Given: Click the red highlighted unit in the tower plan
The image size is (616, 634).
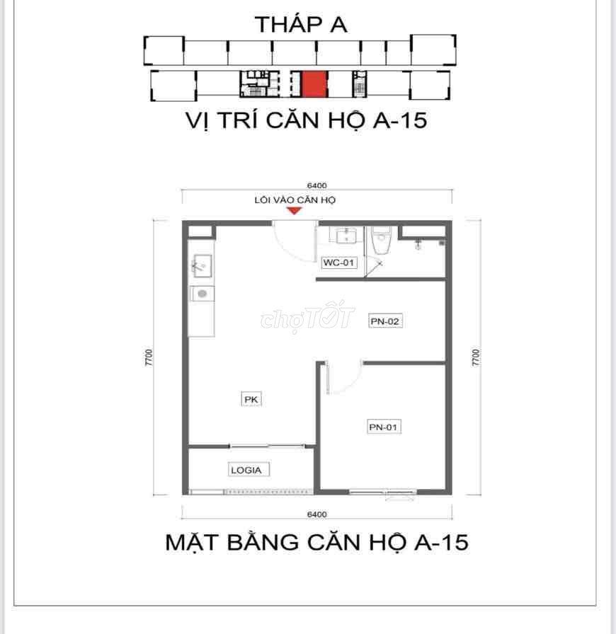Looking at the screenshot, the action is [x=314, y=83].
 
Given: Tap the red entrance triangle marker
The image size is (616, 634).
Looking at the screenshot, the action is [x=295, y=211].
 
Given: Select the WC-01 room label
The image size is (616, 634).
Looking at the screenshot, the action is [x=338, y=263].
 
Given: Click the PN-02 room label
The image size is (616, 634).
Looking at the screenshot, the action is [x=385, y=321].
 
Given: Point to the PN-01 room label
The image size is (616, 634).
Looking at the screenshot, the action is [x=384, y=427].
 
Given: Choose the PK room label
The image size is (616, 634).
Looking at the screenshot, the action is [x=251, y=400].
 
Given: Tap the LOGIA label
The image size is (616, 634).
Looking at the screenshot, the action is [x=246, y=471].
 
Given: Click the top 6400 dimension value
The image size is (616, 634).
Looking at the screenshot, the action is [x=317, y=185].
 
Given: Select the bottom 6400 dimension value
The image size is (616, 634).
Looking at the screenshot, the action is [x=317, y=514].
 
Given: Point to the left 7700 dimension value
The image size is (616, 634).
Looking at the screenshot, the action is [x=149, y=357].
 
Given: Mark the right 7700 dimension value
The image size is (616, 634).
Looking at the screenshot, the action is [x=476, y=357].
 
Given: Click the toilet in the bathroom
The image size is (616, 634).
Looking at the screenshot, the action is [x=381, y=240].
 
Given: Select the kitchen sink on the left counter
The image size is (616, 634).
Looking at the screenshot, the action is [x=203, y=265].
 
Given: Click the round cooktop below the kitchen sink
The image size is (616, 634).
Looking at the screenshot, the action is [x=202, y=294].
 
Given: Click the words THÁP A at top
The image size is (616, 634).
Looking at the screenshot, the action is [x=301, y=25].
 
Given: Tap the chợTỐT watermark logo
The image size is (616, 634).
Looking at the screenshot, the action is [x=307, y=318].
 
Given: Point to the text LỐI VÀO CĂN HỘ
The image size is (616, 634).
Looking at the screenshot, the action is [x=295, y=200].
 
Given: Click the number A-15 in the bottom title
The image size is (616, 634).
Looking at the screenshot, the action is [x=442, y=542].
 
